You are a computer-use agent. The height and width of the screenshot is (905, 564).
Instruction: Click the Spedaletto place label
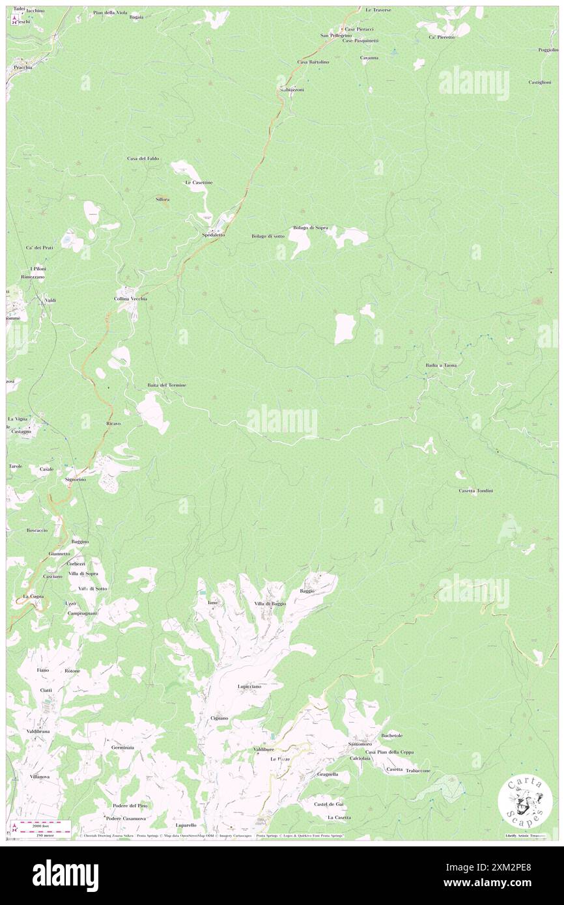point(213,234)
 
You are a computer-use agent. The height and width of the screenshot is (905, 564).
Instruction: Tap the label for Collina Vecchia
point(131,299)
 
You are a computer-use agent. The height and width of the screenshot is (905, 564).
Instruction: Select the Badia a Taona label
point(441,365)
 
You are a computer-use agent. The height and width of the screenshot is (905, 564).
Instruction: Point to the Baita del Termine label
point(167,385)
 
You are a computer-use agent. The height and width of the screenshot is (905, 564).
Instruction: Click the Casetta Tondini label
point(475,490)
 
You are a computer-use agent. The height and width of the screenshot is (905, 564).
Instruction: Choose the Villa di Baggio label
point(270,604)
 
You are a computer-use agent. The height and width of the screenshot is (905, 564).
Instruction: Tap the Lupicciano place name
point(249,686)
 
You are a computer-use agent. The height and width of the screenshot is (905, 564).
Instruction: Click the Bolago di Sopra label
point(311,227)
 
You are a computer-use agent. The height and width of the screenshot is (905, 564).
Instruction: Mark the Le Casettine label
point(199,182)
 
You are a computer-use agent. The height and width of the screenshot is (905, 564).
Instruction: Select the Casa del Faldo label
point(143,158)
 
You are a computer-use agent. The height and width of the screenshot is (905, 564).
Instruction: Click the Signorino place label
point(76,479)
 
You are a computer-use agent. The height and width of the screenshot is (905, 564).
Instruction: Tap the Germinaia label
point(122,747)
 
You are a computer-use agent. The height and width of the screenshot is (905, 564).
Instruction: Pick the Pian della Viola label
point(110,12)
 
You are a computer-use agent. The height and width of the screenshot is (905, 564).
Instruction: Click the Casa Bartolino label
point(313,62)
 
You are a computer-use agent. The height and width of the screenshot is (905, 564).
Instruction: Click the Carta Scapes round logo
point(525,801)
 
